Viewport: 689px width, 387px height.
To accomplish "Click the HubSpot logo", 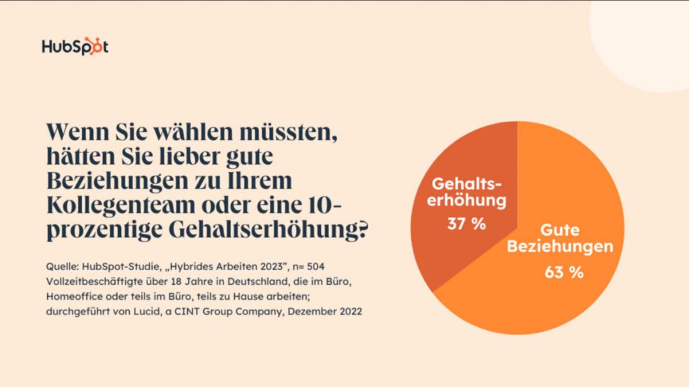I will coord(75,47).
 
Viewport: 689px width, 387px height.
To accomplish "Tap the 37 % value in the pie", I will coord(466,224).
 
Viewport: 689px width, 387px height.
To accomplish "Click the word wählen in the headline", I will coord(176,131).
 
